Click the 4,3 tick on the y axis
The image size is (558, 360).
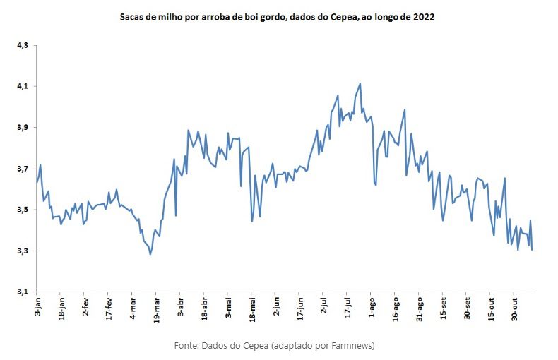click(x=22, y=45)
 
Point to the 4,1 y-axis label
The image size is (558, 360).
click(x=22, y=86)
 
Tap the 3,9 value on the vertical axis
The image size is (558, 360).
click(x=22, y=127)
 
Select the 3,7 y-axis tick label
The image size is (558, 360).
click(x=22, y=169)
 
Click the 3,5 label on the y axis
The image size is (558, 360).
click(x=22, y=210)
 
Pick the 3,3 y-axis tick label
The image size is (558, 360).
click(x=22, y=251)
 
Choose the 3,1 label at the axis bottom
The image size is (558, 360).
click(x=22, y=292)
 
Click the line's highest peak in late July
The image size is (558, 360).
click(x=360, y=83)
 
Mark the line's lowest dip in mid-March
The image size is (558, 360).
click(x=150, y=254)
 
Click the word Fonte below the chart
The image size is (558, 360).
click(x=186, y=345)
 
